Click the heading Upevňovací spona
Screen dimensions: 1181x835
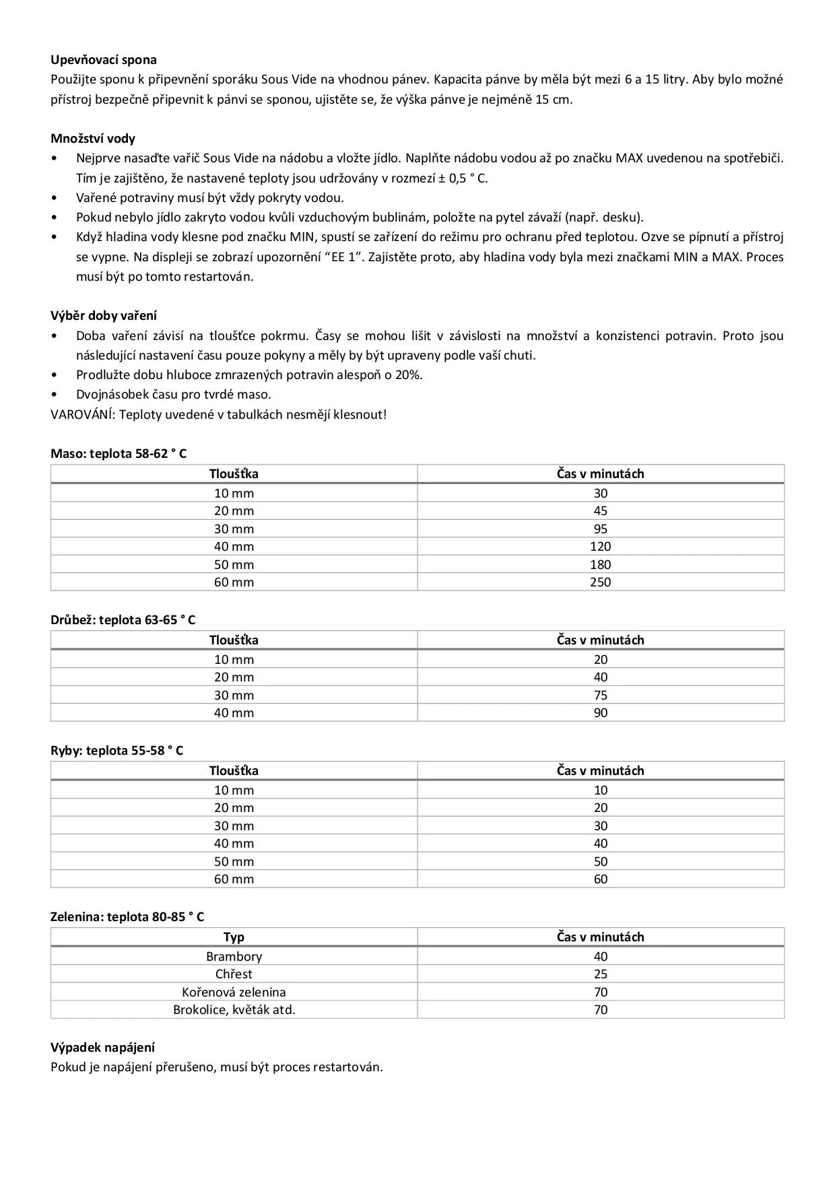coord(103,60)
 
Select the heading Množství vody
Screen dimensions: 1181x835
coord(93,139)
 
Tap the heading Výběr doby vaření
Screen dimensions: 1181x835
coord(104,316)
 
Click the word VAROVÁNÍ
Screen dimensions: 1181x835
coord(81,415)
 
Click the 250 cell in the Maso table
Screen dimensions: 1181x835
coord(600,582)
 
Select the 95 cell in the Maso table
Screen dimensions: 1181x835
coord(600,529)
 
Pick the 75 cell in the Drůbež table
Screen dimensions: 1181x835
coord(600,696)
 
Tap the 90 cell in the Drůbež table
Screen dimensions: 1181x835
coord(600,713)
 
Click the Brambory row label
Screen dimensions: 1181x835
coord(234,957)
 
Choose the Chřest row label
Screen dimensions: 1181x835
coord(234,974)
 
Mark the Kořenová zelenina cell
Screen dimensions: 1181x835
coord(234,992)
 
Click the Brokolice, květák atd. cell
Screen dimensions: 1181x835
coord(234,1010)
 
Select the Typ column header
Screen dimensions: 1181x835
coord(234,937)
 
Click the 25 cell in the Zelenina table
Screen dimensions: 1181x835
coord(600,974)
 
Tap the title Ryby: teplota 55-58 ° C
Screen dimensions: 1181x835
coord(116,751)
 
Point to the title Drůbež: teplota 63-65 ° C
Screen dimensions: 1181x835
coord(123,620)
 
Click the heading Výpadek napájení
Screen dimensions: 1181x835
coord(102,1048)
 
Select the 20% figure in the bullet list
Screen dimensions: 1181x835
coord(408,375)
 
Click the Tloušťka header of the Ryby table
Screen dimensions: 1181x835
coord(234,771)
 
